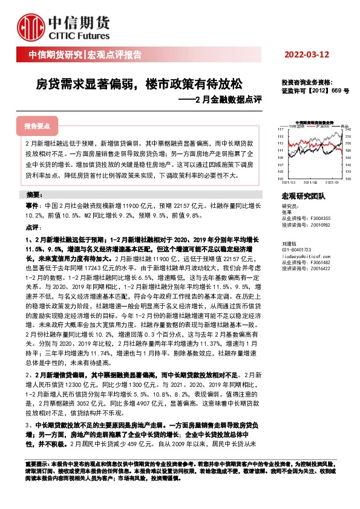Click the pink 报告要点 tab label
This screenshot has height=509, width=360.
37,126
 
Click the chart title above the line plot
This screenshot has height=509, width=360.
315,122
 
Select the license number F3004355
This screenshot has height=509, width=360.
325,219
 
